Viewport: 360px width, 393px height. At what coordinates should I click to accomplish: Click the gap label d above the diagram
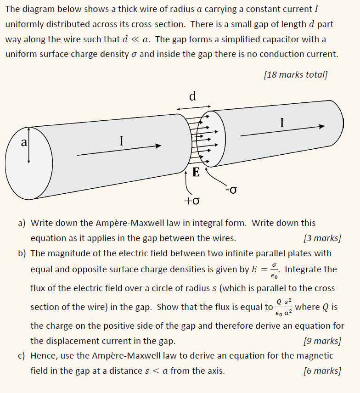pos(193,96)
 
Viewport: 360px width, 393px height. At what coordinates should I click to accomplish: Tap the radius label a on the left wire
pos(23,142)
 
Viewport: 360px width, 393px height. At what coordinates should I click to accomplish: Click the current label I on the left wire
pos(121,141)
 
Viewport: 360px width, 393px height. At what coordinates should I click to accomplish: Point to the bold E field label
pos(196,173)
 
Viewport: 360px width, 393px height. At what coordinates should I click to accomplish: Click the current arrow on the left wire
pos(119,151)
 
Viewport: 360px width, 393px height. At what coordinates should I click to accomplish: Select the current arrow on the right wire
pos(282,131)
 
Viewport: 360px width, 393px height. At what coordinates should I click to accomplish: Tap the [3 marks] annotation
pos(322,238)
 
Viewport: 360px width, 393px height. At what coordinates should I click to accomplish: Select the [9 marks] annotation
pos(322,341)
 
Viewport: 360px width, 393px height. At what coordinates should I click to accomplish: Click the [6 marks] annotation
pos(322,371)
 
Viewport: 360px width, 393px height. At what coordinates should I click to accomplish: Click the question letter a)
pos(22,223)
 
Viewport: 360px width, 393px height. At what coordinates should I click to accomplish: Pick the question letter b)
pos(22,253)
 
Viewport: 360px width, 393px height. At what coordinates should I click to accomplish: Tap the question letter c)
pos(22,356)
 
